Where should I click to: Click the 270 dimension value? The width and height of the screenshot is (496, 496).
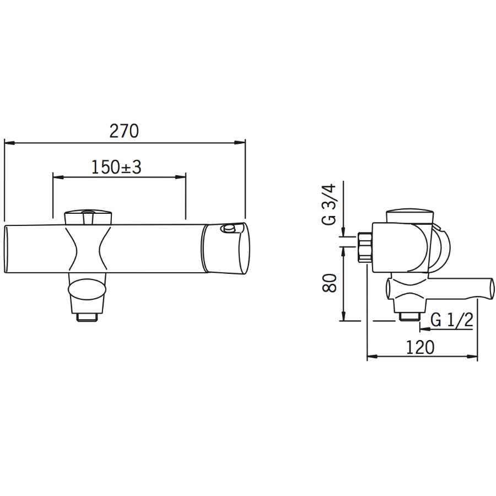click(124, 131)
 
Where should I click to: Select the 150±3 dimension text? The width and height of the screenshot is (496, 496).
click(116, 168)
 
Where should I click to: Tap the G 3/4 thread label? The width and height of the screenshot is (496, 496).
click(330, 204)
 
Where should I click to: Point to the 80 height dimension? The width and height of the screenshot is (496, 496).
click(330, 283)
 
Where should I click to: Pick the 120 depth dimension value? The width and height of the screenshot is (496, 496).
click(420, 347)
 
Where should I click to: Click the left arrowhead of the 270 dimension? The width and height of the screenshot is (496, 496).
click(10, 143)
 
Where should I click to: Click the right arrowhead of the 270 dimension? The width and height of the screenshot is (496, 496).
click(240, 143)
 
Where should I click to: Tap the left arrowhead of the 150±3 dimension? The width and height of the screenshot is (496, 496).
click(58, 177)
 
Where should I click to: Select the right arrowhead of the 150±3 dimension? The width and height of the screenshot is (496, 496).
click(180, 177)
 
